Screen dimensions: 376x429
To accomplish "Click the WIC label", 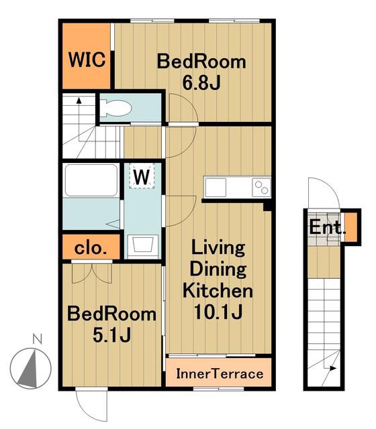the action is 87,60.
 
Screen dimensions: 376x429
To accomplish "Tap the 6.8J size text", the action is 201,83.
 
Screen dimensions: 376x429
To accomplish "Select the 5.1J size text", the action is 112,335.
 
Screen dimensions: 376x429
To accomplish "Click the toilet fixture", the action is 115,107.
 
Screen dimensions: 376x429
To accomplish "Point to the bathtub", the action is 91,180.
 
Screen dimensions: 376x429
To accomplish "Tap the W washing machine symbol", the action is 142,176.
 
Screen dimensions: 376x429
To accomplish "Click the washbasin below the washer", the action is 142,244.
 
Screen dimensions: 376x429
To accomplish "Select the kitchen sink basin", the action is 216,188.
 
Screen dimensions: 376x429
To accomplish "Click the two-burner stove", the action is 261,188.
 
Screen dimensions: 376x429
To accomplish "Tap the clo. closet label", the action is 91,249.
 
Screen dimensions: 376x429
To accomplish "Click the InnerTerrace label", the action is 220,374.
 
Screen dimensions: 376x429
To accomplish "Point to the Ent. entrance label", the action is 327,228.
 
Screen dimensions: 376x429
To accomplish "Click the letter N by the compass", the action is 38,339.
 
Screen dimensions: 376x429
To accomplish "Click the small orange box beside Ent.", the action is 350,227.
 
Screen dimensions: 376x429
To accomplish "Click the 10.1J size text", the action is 218,312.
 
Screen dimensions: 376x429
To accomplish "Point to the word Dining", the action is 218,269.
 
